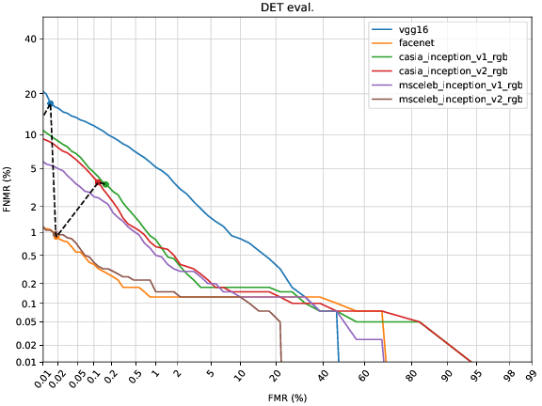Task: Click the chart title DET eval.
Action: point(286,8)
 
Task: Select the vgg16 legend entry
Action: point(425,30)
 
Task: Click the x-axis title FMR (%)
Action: point(286,398)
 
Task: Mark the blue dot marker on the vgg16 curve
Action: point(50,104)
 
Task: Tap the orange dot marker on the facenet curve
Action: point(56,237)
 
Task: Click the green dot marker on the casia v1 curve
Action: point(105,184)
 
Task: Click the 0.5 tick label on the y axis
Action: point(25,256)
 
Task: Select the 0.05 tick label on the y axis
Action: point(23,321)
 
